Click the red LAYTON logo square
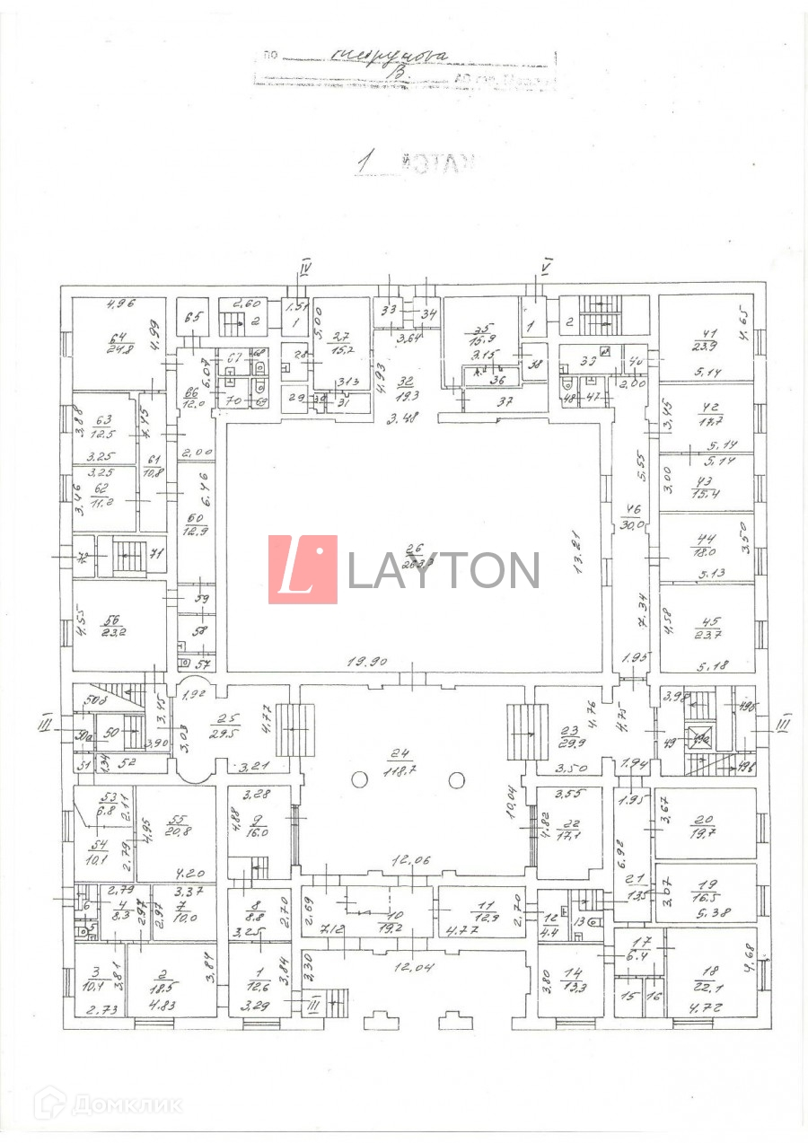pos(303,569)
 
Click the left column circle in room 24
pos(359,779)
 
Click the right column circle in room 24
pos(456,779)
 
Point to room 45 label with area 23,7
pos(707,625)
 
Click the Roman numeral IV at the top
pos(305,267)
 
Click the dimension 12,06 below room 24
pos(409,860)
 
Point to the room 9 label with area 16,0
pos(259,826)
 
